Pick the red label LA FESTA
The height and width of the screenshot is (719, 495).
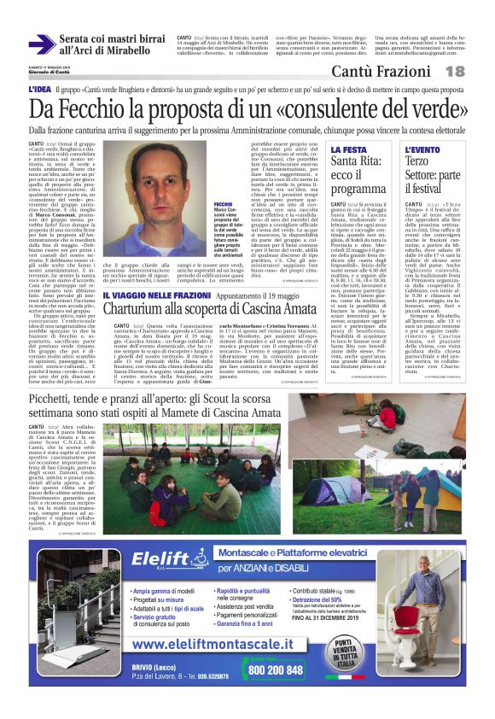pos(348,149)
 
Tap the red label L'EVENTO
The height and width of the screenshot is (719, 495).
pos(445,149)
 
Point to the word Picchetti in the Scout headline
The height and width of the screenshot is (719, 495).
pos(56,399)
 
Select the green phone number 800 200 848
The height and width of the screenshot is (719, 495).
pos(273,670)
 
